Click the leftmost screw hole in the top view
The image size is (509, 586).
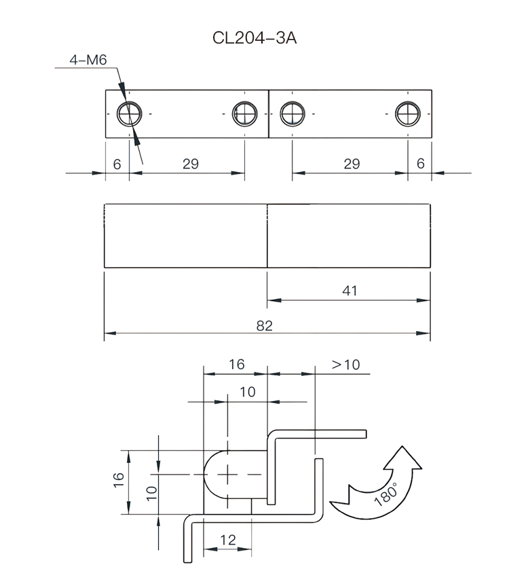click(128, 114)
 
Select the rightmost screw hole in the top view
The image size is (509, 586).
click(409, 114)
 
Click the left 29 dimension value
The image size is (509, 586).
click(191, 164)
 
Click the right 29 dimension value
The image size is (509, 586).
click(352, 164)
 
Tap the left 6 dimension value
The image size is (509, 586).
click(117, 164)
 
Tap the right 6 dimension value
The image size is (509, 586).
click(420, 164)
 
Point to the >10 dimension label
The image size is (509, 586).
click(345, 364)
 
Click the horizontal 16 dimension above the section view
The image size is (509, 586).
click(235, 364)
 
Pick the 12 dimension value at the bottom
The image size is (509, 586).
click(228, 540)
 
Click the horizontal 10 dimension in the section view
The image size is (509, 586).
click(248, 392)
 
